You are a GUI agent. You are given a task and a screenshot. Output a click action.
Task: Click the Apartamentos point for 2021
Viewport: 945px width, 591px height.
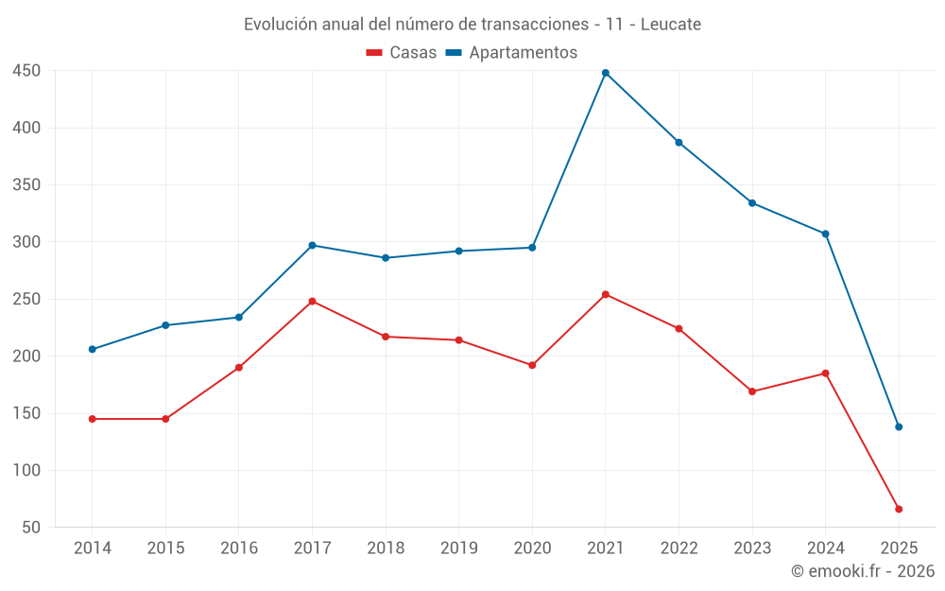click(606, 73)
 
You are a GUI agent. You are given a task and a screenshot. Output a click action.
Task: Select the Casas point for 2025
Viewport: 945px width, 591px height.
click(899, 509)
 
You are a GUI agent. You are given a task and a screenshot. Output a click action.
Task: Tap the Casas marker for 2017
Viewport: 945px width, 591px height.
click(312, 302)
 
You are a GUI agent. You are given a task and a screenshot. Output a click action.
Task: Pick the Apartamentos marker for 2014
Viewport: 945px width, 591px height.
click(93, 349)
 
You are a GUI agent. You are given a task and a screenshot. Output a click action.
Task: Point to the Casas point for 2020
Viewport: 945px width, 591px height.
click(532, 365)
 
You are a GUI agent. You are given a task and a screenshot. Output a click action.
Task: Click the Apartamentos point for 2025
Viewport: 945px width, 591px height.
click(899, 426)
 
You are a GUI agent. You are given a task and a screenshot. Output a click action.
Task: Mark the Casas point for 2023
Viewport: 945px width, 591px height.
click(752, 391)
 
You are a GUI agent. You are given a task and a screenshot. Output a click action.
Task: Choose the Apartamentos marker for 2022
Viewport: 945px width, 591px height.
click(679, 143)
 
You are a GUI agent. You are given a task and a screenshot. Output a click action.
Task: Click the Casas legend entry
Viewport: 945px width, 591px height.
click(402, 53)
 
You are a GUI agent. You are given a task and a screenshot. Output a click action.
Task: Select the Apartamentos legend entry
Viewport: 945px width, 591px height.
click(511, 53)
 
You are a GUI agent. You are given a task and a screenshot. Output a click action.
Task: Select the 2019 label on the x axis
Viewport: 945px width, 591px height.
click(458, 548)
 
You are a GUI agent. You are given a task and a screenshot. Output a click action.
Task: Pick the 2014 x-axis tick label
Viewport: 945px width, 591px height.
click(93, 548)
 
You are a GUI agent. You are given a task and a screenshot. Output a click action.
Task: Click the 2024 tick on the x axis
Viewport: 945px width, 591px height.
click(825, 548)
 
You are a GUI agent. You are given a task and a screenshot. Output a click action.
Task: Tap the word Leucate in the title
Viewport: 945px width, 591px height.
click(671, 25)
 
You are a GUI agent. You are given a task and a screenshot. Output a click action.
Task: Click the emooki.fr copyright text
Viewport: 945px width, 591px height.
click(863, 571)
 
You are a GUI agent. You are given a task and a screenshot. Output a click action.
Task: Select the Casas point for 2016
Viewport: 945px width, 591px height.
click(239, 367)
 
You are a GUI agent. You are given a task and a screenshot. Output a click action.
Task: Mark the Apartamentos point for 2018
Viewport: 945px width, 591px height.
click(386, 257)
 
